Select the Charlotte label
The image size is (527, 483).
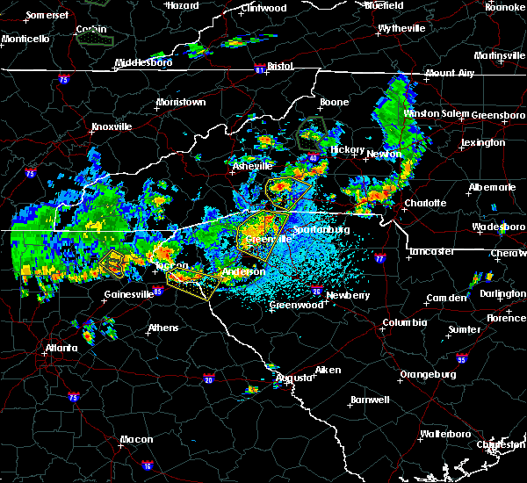pos(425,203)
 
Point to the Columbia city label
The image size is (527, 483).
pos(404,323)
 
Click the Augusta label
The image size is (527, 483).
pos(293,378)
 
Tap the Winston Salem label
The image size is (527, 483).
pos(436,114)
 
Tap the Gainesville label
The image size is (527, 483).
pos(129,294)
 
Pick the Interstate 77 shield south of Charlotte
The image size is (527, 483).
pos(379,260)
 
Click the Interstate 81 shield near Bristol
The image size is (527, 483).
pos(261,67)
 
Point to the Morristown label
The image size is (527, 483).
pos(181,103)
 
